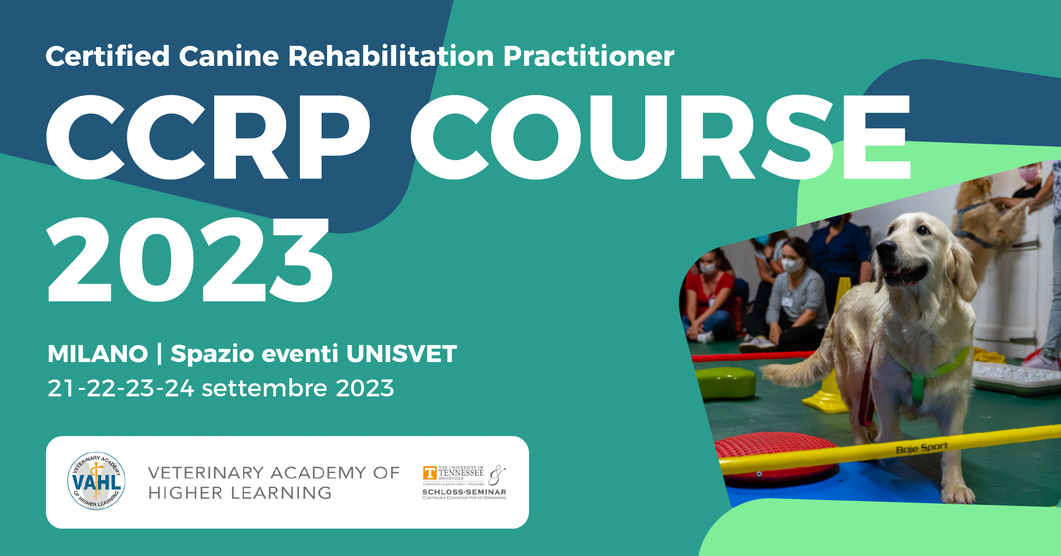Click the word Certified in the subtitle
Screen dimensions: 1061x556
[108, 56]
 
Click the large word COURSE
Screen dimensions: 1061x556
[661, 137]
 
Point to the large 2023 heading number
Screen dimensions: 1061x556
[190, 260]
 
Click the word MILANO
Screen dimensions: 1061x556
[98, 354]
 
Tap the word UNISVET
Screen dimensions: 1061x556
[401, 354]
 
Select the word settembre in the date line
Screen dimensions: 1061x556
[264, 388]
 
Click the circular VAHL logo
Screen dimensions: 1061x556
[96, 481]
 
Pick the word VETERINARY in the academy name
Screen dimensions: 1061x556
[206, 473]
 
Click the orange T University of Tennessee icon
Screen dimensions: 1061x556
[430, 473]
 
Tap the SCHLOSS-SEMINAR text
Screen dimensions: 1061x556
[464, 492]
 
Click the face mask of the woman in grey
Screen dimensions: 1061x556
[792, 265]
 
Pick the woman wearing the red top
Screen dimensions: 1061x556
[711, 297]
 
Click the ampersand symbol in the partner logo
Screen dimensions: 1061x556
[497, 475]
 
